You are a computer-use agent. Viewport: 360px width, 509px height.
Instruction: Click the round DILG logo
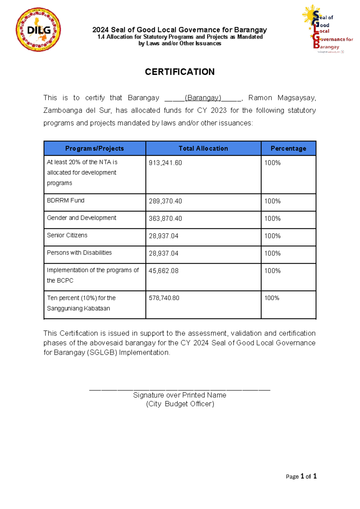coord(38,30)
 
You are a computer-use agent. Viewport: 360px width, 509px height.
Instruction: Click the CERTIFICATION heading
coord(180,72)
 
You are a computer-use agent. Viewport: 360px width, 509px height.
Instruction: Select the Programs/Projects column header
coord(94,148)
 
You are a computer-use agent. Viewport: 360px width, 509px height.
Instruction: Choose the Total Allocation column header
coord(203,148)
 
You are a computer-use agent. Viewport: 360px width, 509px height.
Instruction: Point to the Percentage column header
coord(288,148)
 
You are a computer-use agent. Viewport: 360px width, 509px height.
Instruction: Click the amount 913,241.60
coord(165,163)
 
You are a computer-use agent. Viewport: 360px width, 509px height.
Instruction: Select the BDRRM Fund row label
coord(66,200)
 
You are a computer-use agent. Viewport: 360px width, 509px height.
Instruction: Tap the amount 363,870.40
coord(165,219)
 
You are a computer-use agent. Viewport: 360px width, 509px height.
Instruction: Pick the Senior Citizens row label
coord(67,235)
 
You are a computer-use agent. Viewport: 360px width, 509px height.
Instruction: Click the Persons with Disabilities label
coord(79,253)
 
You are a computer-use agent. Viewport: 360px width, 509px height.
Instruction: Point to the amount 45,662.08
coord(163,271)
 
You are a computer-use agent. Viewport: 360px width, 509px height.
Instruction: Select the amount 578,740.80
coord(164,298)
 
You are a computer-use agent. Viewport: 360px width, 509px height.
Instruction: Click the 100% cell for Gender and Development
coord(272,219)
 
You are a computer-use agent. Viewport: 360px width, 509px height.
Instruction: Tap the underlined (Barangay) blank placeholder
coord(203,98)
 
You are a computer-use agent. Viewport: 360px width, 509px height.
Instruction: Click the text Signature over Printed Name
coord(180,395)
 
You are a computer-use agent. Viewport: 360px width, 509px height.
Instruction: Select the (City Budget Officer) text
coord(180,404)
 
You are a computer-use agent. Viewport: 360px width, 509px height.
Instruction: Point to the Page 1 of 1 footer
coord(301,476)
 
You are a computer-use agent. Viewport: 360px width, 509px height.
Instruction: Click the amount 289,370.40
coord(165,201)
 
